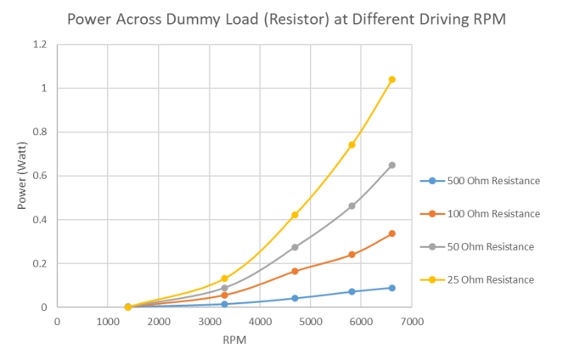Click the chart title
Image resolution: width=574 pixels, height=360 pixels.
287,18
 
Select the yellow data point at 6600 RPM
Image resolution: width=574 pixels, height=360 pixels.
391,80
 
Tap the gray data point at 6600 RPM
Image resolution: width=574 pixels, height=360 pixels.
391,165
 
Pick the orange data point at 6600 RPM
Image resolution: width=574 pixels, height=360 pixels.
391,233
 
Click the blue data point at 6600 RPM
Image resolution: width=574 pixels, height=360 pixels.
391,288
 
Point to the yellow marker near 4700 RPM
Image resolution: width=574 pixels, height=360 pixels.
295,215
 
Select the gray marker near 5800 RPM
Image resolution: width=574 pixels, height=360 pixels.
352,205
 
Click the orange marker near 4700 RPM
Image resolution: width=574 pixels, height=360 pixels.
295,271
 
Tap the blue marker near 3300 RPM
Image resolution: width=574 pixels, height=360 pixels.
224,304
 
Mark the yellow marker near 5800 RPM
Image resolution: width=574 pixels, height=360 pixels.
352,144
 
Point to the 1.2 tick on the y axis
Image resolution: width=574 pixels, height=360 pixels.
39,44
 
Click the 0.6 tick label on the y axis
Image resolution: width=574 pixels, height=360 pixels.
39,176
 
